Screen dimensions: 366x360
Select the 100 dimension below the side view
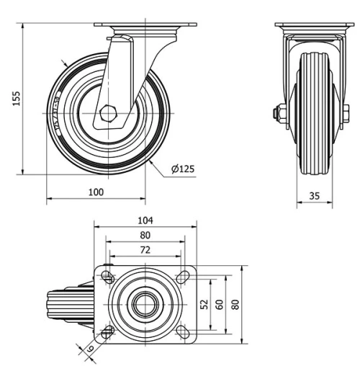coord(96,192)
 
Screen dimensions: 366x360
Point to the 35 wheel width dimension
coord(314,195)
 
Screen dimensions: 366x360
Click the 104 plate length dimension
coord(145,220)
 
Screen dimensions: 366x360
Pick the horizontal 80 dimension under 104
coord(145,235)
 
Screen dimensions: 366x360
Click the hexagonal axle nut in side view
coord(108,112)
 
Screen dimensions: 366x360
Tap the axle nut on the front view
coord(278,114)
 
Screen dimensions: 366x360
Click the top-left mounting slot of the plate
coord(107,277)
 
